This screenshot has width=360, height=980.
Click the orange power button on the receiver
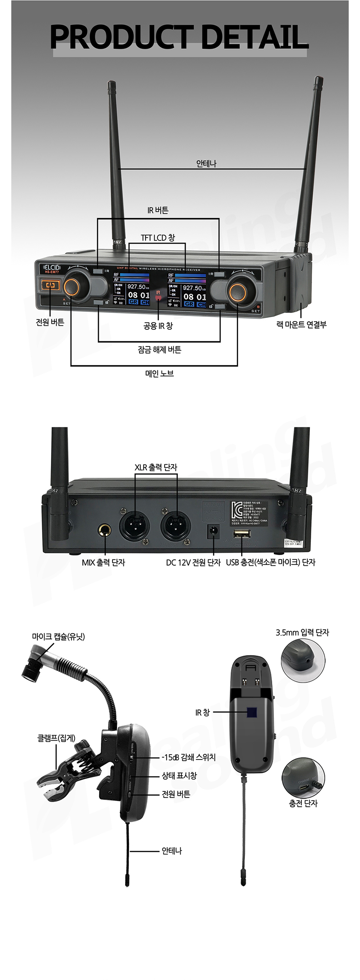(x=50, y=285)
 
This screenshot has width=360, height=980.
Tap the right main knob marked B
(x=237, y=291)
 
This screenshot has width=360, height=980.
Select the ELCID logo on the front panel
(x=52, y=267)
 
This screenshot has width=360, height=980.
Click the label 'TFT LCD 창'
(x=158, y=238)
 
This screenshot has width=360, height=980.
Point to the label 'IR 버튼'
(x=158, y=210)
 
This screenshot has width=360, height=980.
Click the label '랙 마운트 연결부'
(x=301, y=325)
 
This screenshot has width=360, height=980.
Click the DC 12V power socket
(x=213, y=530)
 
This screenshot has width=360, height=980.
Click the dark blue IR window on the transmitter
(x=252, y=712)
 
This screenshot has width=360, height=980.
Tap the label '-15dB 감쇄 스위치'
(x=189, y=757)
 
